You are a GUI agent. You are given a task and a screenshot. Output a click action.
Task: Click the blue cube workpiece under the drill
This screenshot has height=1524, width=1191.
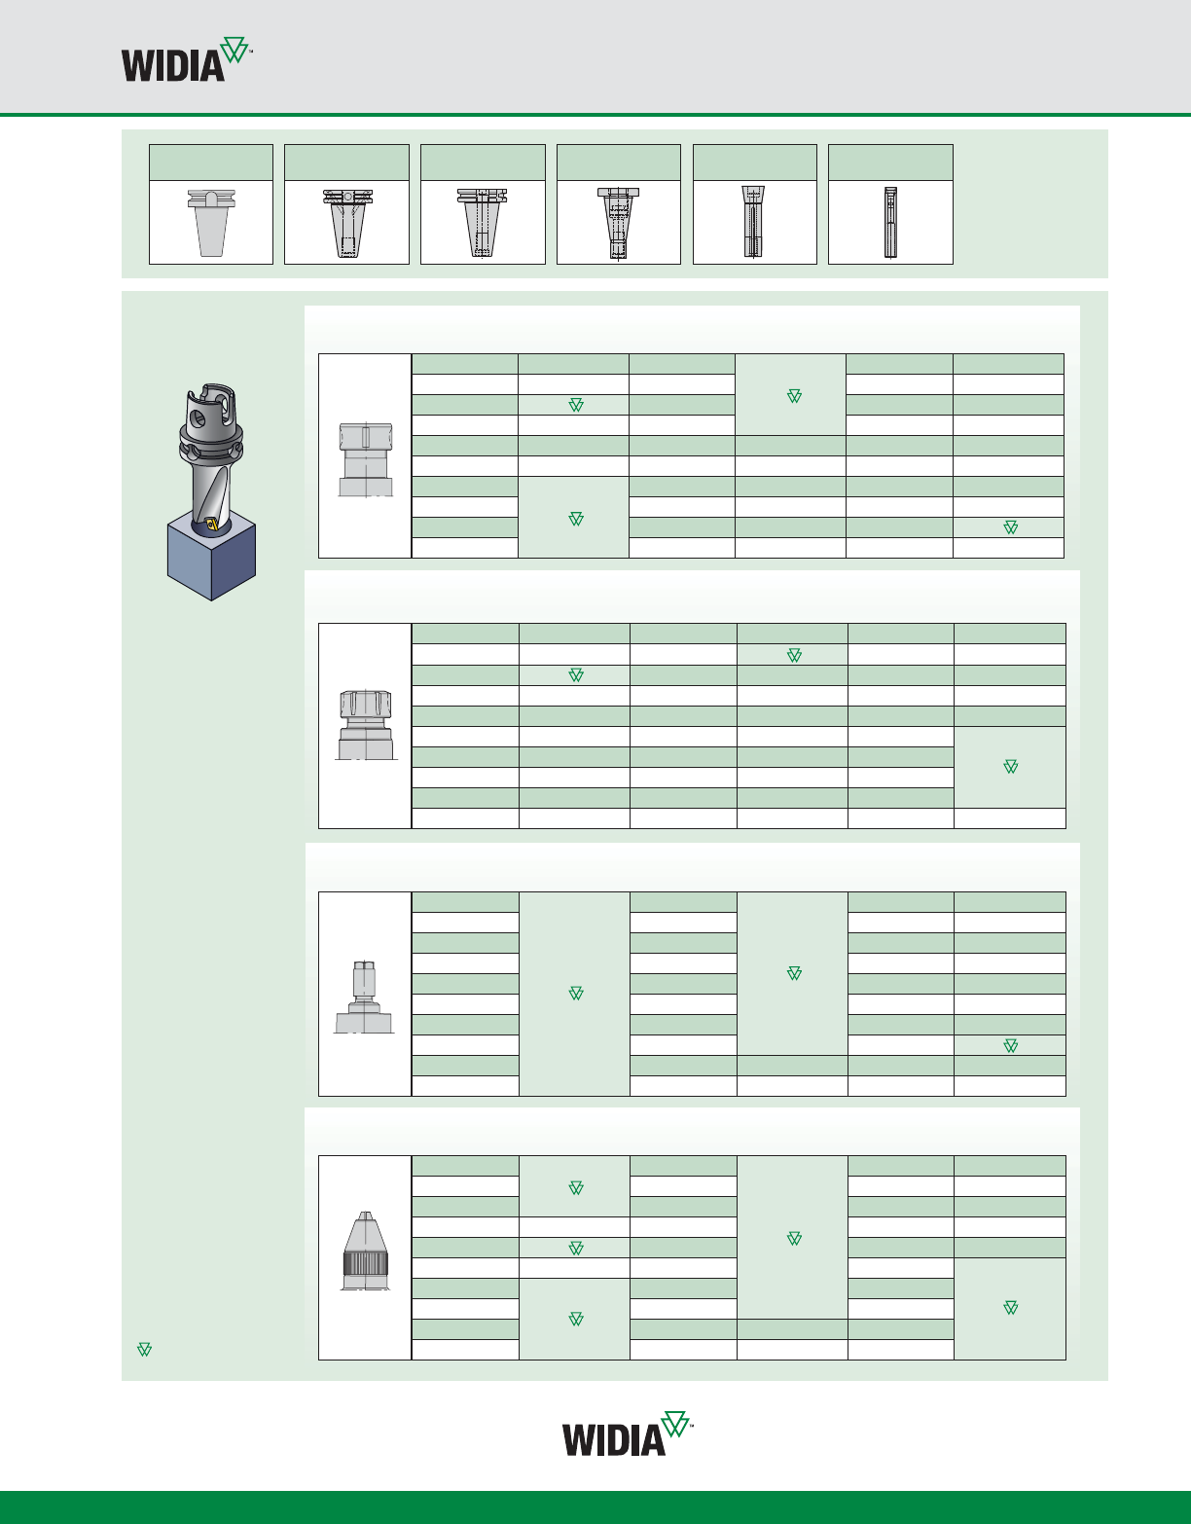click(211, 555)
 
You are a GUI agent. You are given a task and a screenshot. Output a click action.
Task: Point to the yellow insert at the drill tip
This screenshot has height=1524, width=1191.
click(212, 525)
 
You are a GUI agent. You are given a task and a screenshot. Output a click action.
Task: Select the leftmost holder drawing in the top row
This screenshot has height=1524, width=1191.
click(211, 222)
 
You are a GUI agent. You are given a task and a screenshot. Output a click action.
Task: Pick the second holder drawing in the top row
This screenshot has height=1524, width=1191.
click(347, 223)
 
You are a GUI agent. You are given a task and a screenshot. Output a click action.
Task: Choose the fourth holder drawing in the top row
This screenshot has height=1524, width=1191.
click(618, 223)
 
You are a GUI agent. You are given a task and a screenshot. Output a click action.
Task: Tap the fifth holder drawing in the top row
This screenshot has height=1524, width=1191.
click(753, 222)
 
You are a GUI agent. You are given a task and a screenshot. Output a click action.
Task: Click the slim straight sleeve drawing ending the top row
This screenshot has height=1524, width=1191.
click(890, 222)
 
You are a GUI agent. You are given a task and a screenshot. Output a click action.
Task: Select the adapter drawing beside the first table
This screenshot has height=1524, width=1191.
click(365, 459)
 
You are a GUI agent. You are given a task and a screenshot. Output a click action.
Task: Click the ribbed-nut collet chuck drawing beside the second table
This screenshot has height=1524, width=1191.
click(365, 725)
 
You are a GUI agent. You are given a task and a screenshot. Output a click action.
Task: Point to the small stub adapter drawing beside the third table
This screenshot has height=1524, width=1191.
click(364, 997)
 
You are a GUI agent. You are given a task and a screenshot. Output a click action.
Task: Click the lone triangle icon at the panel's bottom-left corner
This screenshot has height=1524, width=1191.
click(144, 1350)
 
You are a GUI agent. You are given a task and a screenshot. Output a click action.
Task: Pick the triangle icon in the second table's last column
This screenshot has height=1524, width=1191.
click(1010, 767)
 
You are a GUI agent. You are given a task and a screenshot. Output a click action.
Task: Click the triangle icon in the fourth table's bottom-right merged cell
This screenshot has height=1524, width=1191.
click(1010, 1307)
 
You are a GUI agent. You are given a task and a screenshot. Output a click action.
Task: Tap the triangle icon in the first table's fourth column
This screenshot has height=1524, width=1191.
click(794, 396)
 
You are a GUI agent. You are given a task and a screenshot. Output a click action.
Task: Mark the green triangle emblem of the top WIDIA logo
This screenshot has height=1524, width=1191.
click(235, 51)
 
